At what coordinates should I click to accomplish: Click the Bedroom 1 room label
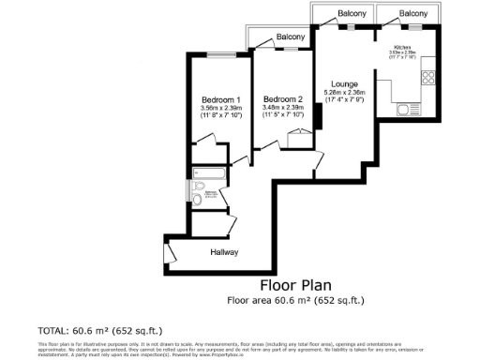221,99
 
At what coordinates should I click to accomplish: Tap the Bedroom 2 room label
283,99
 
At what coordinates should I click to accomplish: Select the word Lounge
344,83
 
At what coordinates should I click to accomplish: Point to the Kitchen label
402,46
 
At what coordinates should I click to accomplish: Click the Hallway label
223,252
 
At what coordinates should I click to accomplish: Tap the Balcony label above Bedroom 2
290,37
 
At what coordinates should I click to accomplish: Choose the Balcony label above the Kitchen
413,13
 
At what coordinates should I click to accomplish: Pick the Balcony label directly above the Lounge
352,13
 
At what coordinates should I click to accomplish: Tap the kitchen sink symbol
406,110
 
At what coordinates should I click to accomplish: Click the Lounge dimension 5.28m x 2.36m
344,93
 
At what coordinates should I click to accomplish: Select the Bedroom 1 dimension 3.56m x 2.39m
221,108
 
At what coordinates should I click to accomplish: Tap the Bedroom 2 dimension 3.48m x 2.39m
283,108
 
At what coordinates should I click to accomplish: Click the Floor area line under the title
294,300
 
